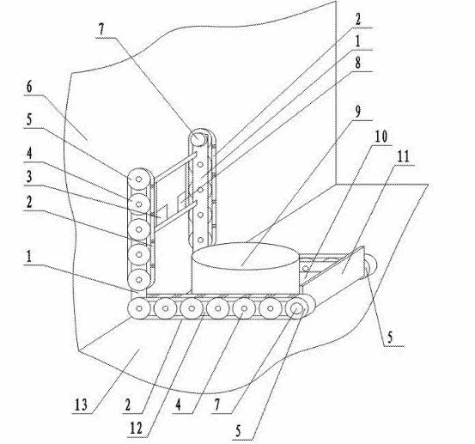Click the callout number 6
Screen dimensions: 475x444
[x=29, y=87]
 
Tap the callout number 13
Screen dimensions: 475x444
[x=81, y=404]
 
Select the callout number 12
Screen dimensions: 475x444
[x=136, y=429]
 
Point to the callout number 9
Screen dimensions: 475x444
[x=358, y=112]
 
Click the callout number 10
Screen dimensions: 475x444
[x=381, y=137]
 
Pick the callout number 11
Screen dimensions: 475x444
[x=403, y=156]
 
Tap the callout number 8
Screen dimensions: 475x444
[x=358, y=63]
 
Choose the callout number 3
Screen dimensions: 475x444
[x=29, y=176]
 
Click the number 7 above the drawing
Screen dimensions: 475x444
[x=101, y=29]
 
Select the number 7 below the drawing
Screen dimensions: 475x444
[x=217, y=404]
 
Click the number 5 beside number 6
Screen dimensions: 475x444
[x=29, y=119]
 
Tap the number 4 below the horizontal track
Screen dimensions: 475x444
[x=179, y=404]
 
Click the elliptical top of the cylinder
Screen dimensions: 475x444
[x=246, y=256]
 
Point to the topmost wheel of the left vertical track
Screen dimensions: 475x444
[x=139, y=179]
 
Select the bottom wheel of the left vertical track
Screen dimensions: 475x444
[x=139, y=280]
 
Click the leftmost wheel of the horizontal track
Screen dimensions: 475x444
[x=139, y=308]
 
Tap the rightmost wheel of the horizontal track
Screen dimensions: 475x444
[x=297, y=308]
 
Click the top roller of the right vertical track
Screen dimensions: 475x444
[x=198, y=139]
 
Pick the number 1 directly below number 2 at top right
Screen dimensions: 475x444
[x=358, y=41]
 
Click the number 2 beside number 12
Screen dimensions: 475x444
[x=128, y=404]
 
